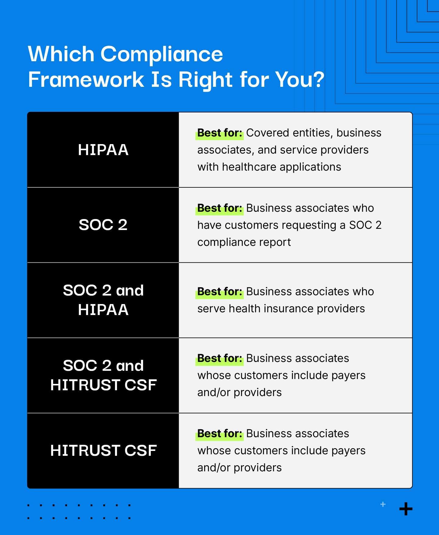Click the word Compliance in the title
coord(162,54)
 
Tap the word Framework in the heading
coord(86,80)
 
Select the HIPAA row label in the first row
coord(103,150)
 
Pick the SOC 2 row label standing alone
coord(103,225)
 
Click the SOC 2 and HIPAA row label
coord(103,300)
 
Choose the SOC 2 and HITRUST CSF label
coord(103,375)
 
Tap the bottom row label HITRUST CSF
coord(103,451)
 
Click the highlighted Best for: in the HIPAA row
coord(220,133)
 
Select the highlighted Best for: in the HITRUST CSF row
coord(220,434)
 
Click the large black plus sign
coord(406,509)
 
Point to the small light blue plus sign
coord(383,504)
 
